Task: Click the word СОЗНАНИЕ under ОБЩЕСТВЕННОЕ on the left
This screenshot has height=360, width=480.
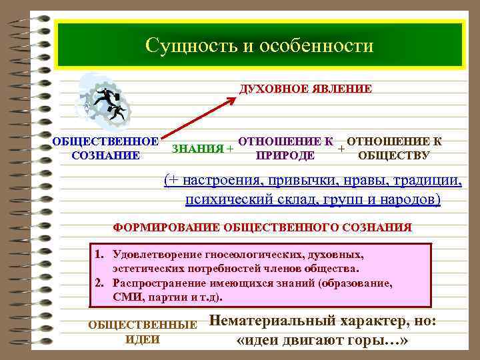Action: (105, 156)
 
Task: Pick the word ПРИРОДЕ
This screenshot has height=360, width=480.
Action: (285, 156)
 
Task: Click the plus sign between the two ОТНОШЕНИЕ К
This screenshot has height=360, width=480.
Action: (341, 147)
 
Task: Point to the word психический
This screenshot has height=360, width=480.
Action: (225, 199)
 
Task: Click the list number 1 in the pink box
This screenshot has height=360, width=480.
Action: (98, 255)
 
